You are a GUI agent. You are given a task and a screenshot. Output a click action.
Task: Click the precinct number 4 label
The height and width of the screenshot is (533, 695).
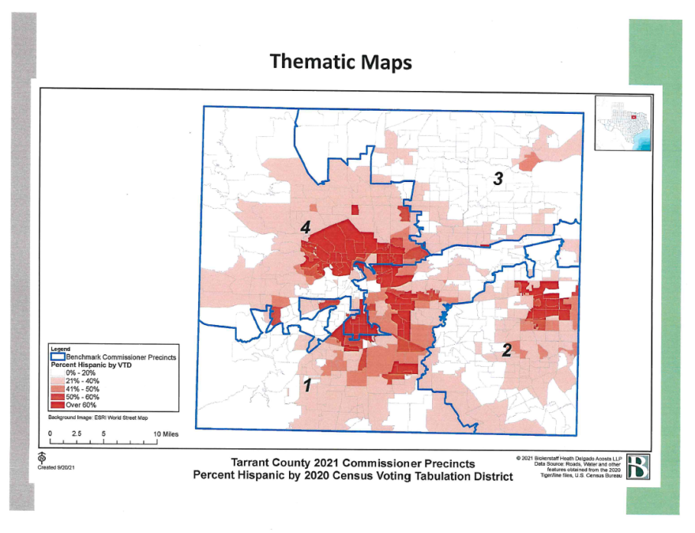(304, 228)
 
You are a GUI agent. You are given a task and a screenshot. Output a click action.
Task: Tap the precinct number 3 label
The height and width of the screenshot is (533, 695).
(498, 179)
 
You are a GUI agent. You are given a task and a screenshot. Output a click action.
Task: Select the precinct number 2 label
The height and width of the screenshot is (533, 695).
(507, 349)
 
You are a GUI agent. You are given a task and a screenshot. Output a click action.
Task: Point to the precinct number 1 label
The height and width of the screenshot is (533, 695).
(306, 384)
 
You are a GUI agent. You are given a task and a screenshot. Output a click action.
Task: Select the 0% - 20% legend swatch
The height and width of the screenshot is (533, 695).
(58, 372)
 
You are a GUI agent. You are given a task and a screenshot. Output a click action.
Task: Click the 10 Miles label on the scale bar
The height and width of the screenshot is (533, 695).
(166, 434)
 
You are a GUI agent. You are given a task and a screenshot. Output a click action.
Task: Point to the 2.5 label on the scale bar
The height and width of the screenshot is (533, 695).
(77, 434)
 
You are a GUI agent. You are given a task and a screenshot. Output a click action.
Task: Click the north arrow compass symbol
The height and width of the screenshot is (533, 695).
(40, 458)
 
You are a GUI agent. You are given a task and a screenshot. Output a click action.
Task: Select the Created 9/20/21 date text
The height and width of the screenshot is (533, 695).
(54, 467)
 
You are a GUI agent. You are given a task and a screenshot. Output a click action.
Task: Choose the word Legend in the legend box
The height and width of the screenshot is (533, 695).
(60, 349)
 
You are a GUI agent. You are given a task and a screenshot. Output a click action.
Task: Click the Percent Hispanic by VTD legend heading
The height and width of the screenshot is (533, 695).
(87, 365)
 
